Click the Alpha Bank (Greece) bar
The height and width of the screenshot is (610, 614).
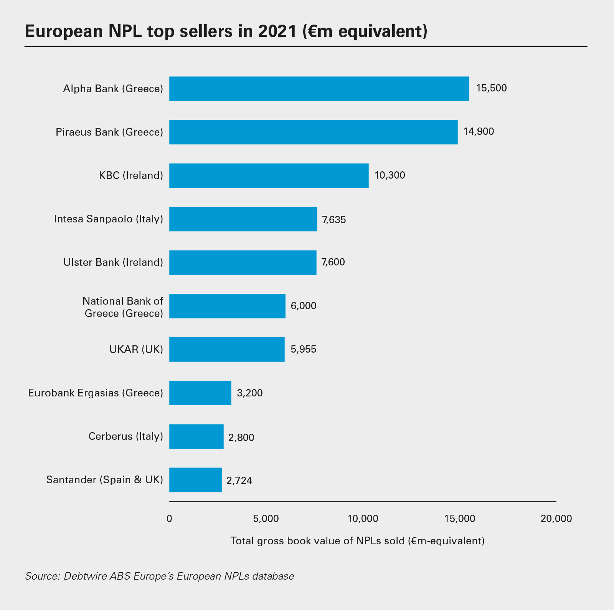pos(319,89)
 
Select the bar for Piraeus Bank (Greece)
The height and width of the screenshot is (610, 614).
pos(313,132)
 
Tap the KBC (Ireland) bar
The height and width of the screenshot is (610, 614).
pos(269,176)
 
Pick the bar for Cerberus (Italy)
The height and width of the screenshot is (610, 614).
pos(196,436)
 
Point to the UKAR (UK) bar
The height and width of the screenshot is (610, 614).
pos(227,350)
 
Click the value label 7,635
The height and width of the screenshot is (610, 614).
pos(334,220)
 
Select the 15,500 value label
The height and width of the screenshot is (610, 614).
pos(491,88)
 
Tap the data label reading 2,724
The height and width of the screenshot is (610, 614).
pos(239,481)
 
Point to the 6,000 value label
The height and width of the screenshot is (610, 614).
pos(304,306)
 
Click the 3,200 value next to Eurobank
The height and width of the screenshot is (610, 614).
pos(250,393)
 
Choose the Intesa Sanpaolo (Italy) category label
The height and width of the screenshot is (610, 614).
pos(109,219)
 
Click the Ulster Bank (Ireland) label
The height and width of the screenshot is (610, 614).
pos(113,262)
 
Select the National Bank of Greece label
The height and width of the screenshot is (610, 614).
pos(123,307)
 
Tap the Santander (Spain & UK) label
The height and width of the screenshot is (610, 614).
pos(104,480)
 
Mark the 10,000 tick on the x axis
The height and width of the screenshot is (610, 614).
pos(363,519)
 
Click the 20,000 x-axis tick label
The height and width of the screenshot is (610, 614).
pos(556,519)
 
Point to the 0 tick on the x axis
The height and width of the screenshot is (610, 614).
pos(169,519)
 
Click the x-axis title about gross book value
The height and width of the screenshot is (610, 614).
pos(357,541)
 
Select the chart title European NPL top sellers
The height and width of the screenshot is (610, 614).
pos(226,31)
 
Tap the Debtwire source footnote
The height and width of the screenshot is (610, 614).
pos(160,576)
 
